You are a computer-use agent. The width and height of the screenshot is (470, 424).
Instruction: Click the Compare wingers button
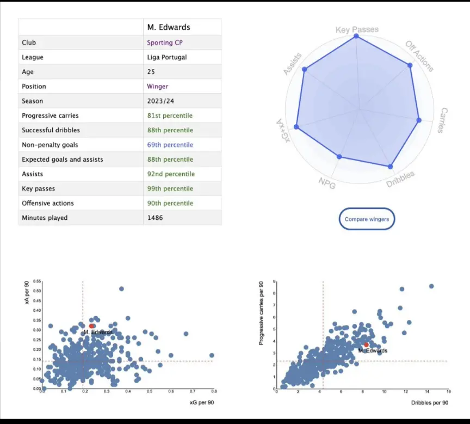pyautogui.click(x=367, y=219)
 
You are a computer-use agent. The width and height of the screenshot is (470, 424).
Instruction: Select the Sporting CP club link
pyautogui.click(x=162, y=42)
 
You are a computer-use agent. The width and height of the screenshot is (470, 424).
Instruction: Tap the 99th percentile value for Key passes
pyautogui.click(x=170, y=188)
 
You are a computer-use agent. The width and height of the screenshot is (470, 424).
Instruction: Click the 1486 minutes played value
pyautogui.click(x=155, y=218)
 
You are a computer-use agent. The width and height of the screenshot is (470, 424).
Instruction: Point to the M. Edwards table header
pyautogui.click(x=169, y=27)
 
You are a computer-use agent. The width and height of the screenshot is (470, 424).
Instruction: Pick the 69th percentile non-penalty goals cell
pyautogui.click(x=170, y=145)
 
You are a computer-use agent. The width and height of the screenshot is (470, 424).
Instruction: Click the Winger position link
pyautogui.click(x=158, y=87)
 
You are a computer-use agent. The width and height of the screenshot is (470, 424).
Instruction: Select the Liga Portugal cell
pyautogui.click(x=165, y=57)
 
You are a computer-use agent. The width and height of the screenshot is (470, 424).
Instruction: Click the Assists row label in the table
pyautogui.click(x=33, y=174)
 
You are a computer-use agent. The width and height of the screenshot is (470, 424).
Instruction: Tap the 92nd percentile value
pyautogui.click(x=171, y=174)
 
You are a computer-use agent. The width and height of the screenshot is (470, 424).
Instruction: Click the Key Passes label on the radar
pyautogui.click(x=357, y=29)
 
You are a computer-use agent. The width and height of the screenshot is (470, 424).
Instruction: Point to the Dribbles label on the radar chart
pyautogui.click(x=400, y=180)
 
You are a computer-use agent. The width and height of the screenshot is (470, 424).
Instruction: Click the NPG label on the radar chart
pyautogui.click(x=327, y=183)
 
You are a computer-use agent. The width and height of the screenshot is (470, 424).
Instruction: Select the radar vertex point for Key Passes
pyautogui.click(x=356, y=36)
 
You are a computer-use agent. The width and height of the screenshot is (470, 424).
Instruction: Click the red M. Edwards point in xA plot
pyautogui.click(x=92, y=326)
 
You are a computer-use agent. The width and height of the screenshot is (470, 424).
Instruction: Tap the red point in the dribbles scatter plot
pyautogui.click(x=366, y=345)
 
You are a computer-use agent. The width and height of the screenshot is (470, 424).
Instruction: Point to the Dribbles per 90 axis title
pyautogui.click(x=430, y=402)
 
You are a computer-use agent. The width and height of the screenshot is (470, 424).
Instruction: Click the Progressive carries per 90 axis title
pyautogui.click(x=262, y=312)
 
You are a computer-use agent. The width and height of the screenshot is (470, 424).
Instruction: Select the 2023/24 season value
pyautogui.click(x=160, y=101)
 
